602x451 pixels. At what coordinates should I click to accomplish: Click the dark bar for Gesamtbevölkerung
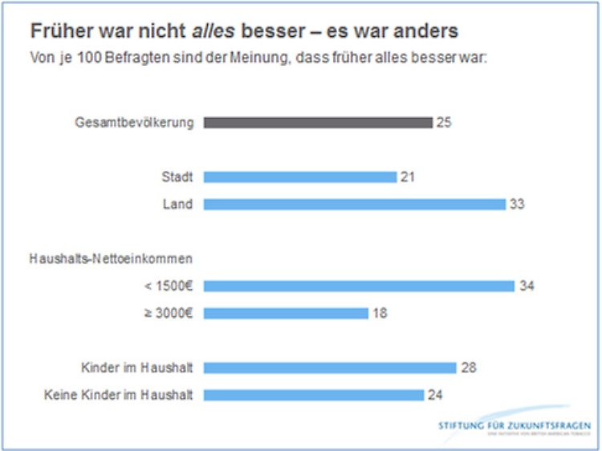click(318, 123)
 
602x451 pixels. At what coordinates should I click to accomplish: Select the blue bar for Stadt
click(300, 177)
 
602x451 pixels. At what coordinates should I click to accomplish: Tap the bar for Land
click(354, 204)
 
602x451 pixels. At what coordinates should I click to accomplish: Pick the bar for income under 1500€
click(359, 286)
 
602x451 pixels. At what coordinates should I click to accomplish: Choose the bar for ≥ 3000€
click(286, 313)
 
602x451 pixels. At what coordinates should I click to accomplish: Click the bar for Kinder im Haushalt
click(330, 368)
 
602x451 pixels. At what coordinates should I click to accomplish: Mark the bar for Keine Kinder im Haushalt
click(313, 395)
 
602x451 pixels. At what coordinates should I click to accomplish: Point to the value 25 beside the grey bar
click(445, 123)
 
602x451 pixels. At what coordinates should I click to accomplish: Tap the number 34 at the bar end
click(527, 286)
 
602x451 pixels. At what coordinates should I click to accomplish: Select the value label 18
click(380, 313)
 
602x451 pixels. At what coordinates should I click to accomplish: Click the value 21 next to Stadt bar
click(408, 177)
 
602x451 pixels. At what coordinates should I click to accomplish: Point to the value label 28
click(470, 368)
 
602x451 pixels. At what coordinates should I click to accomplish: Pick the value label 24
click(434, 395)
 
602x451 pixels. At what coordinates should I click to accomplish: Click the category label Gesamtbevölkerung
click(134, 123)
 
